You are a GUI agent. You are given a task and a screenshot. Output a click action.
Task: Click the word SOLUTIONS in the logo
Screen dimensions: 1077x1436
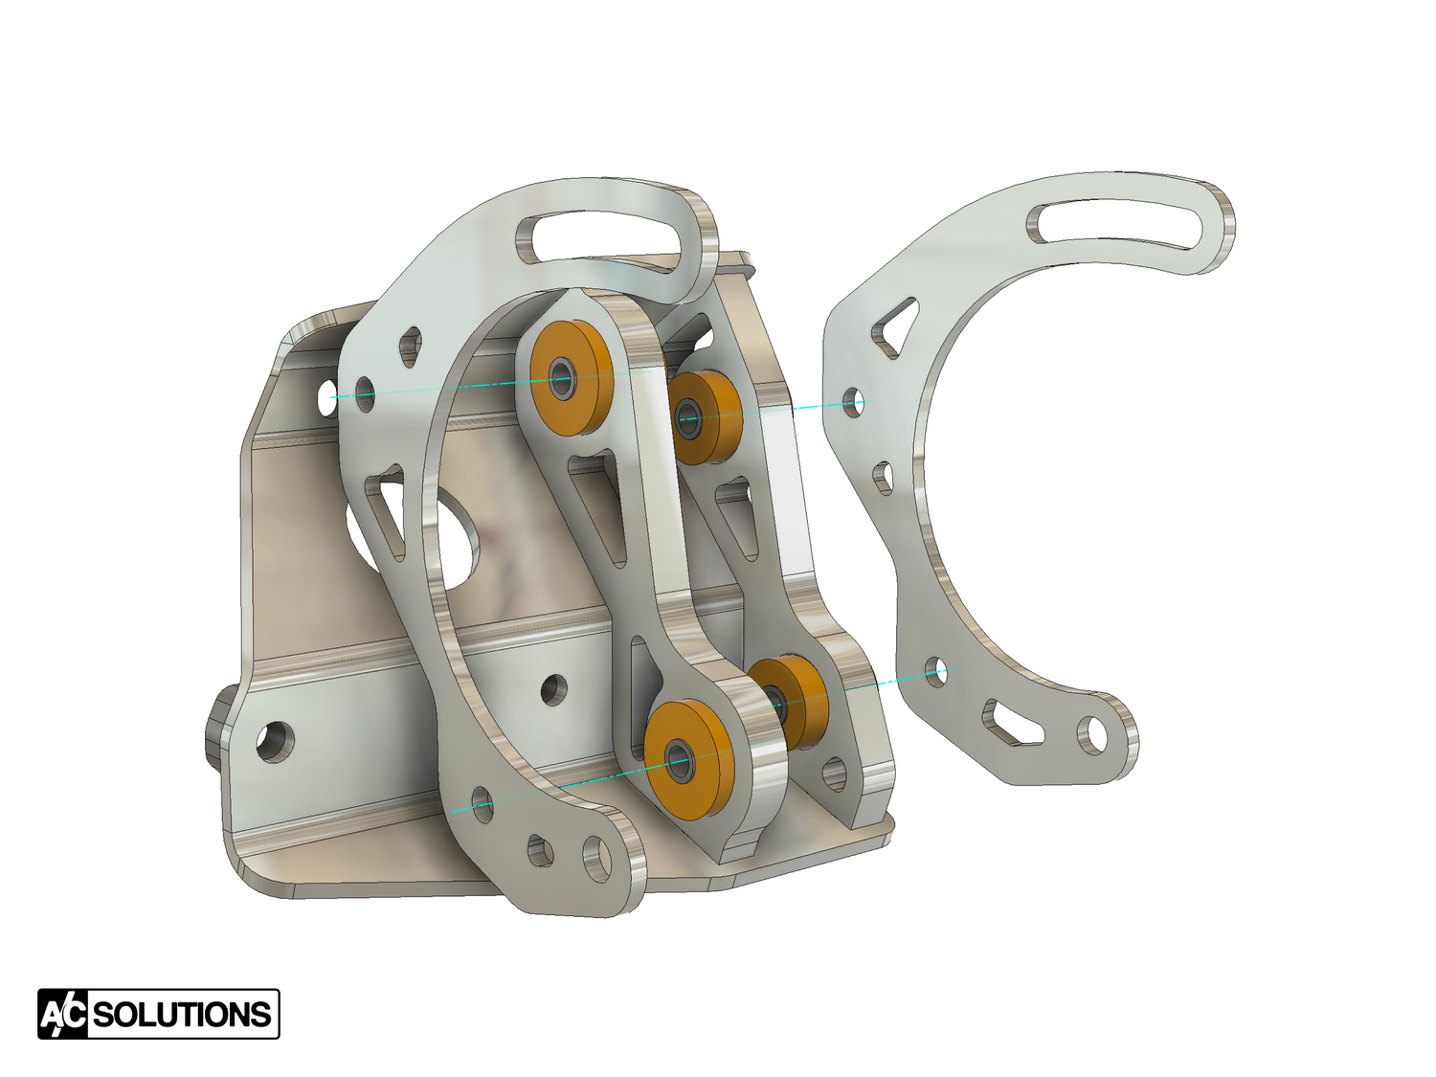pyautogui.click(x=182, y=1015)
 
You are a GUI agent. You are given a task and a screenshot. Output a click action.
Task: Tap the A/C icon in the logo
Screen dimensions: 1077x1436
pyautogui.click(x=63, y=1015)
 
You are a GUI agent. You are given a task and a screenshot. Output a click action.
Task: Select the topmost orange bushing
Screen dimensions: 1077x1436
pyautogui.click(x=567, y=377)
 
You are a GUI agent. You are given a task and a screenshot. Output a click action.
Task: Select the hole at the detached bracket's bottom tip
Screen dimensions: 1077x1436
pyautogui.click(x=1090, y=734)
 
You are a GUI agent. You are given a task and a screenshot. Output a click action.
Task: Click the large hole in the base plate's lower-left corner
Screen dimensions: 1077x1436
pyautogui.click(x=275, y=740)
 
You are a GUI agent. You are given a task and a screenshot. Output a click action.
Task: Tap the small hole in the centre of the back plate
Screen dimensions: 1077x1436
pyautogui.click(x=553, y=688)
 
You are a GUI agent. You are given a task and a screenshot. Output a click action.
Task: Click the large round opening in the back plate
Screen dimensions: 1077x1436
pyautogui.click(x=450, y=536)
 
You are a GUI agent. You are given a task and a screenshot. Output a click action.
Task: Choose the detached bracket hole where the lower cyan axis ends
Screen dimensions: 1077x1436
pyautogui.click(x=937, y=671)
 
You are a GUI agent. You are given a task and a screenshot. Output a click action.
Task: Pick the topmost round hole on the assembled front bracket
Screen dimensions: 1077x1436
pyautogui.click(x=410, y=342)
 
